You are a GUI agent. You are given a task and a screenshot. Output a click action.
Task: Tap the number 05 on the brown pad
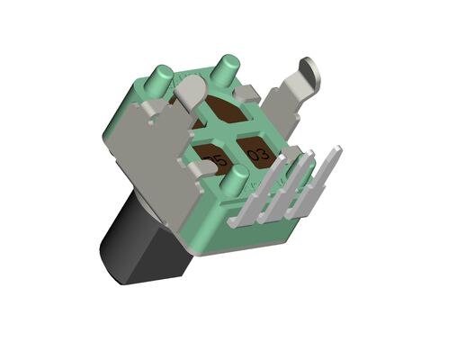tap(214, 163)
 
